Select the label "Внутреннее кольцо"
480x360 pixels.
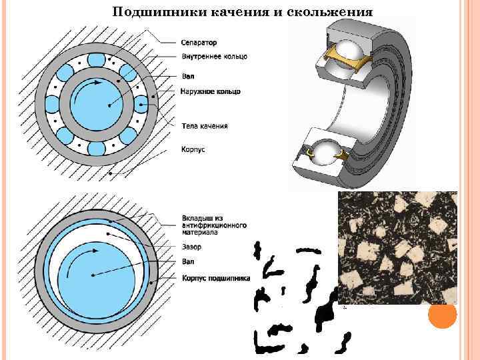tap(213, 57)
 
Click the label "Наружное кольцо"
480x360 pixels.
tap(210, 91)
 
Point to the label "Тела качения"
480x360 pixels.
tap(204, 125)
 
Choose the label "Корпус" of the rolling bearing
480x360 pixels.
tap(193, 149)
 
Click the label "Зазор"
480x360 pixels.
tap(191, 247)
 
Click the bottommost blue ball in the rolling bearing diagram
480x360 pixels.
tap(97, 148)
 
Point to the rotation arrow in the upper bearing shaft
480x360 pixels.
tap(87, 93)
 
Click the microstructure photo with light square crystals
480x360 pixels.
tap(397, 247)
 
